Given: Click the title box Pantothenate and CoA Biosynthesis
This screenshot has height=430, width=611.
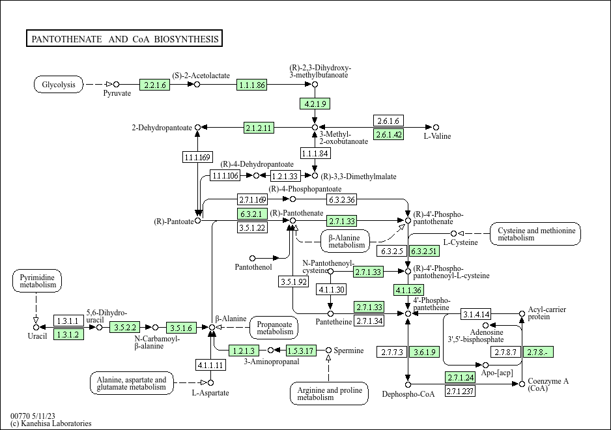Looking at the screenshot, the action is [124, 38].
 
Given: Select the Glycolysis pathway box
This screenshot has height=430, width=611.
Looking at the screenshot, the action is [59, 84].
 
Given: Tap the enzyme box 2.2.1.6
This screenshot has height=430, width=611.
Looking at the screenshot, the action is [154, 85].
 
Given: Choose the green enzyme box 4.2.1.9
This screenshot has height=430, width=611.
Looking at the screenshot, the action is [315, 104].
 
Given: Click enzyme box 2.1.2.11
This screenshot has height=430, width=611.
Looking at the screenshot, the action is [259, 128].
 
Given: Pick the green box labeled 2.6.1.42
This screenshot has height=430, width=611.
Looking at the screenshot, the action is [388, 134].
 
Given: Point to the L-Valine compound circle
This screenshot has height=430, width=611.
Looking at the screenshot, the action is [436, 128].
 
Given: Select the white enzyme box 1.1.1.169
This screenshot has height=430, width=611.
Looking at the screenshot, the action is [197, 157].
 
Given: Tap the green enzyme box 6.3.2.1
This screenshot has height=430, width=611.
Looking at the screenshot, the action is [252, 214].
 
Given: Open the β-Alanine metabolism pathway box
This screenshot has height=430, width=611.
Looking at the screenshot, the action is [345, 241].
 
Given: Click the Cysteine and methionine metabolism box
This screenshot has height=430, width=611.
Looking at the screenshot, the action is [535, 234].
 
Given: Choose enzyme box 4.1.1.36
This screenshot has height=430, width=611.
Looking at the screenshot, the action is [409, 290].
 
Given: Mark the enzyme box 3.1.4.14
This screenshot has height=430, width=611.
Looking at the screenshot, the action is [476, 314].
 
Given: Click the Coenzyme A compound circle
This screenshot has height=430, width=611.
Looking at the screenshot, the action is [522, 384].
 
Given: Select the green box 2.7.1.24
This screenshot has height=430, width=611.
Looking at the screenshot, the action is [461, 377].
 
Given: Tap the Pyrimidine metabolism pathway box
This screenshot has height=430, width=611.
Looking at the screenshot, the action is [37, 281].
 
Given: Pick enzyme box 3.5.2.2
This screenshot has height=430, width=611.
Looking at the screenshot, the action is [124, 328].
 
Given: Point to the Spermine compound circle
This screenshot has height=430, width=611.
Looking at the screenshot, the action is [328, 350].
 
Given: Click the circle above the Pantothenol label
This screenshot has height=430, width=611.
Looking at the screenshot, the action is [252, 258].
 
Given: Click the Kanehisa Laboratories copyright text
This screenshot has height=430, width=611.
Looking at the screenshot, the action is [51, 423].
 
